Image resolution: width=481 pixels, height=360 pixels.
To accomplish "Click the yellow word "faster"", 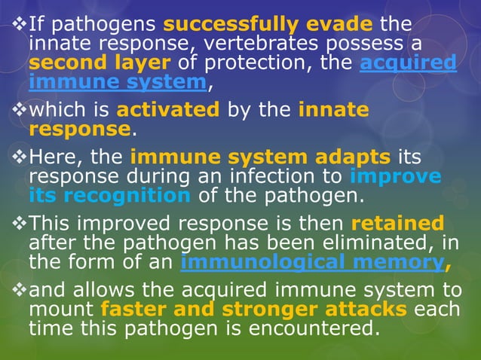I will click(133, 309).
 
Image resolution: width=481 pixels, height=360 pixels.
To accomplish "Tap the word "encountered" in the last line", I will click(305, 328).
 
